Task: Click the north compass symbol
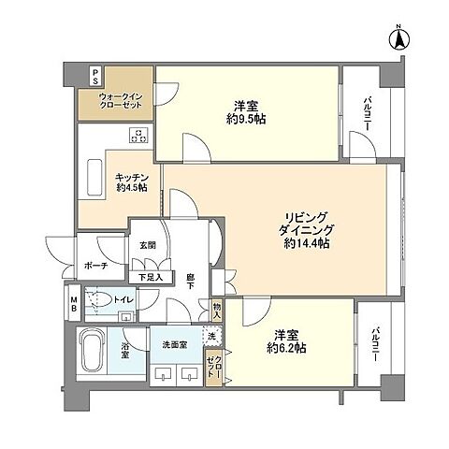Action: tap(398, 38)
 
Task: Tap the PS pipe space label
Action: tap(95, 77)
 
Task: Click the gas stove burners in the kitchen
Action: tap(139, 136)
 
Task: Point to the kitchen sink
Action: tap(94, 178)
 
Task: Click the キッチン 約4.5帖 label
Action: tap(132, 182)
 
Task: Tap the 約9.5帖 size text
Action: tap(246, 120)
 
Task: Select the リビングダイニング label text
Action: tap(306, 224)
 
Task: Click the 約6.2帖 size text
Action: tap(286, 348)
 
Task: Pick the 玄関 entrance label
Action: tap(147, 245)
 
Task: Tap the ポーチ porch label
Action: tap(96, 266)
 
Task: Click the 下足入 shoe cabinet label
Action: tap(151, 277)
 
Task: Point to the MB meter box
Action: tap(74, 304)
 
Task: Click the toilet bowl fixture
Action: tap(99, 300)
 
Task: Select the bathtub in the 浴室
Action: tap(92, 349)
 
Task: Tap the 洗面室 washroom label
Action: tap(175, 345)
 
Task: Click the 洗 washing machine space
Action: tap(212, 336)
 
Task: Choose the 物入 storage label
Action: tap(217, 311)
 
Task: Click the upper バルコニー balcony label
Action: tap(367, 114)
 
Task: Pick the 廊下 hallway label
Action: tap(190, 281)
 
